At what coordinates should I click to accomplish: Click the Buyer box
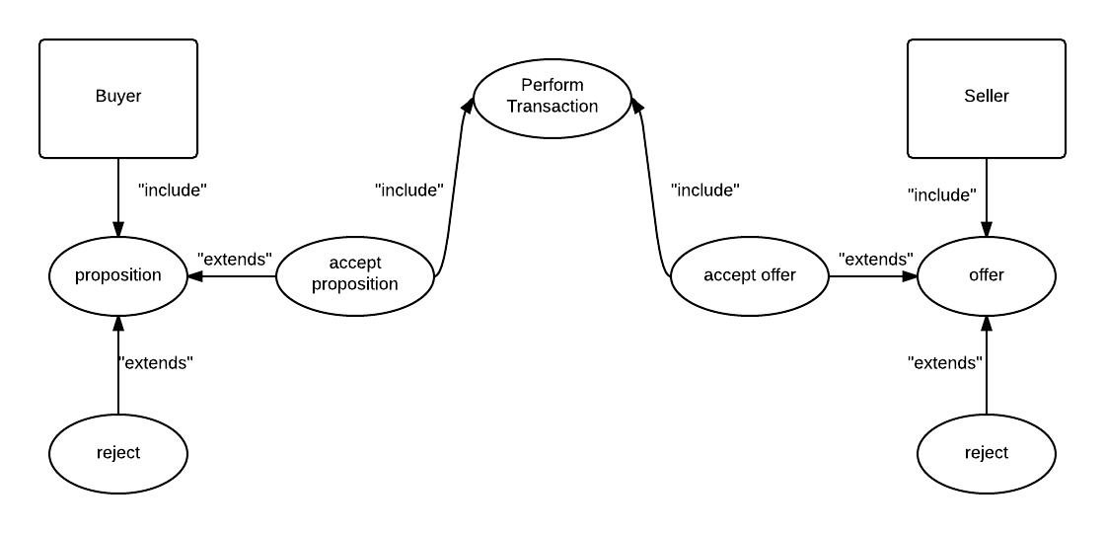(118, 99)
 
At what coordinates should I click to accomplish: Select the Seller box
(987, 99)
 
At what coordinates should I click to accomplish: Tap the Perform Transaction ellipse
(552, 98)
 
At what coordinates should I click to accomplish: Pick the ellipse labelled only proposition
(118, 275)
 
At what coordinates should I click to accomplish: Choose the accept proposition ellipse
(355, 275)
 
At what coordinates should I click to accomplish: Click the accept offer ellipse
(750, 275)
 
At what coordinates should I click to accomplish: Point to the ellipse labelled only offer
(987, 275)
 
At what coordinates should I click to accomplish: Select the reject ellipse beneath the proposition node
(118, 453)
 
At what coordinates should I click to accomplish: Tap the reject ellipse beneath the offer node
(987, 453)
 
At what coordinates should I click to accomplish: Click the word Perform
(552, 85)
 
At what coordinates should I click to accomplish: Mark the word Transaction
(552, 107)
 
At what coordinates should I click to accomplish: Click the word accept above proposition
(355, 263)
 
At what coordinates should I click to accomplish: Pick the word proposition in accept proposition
(355, 284)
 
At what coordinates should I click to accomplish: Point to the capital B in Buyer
(101, 96)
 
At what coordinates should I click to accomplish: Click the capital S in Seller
(969, 96)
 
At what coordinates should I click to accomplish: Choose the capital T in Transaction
(512, 107)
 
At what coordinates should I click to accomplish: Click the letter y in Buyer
(120, 98)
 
